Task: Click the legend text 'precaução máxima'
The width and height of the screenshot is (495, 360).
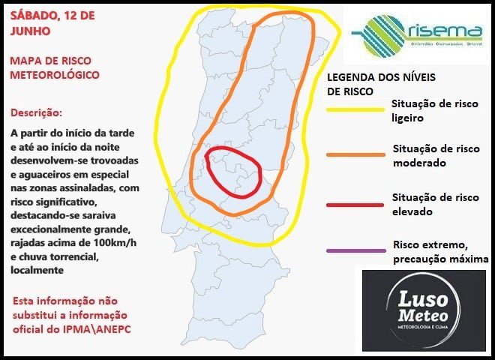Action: coord(441,259)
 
